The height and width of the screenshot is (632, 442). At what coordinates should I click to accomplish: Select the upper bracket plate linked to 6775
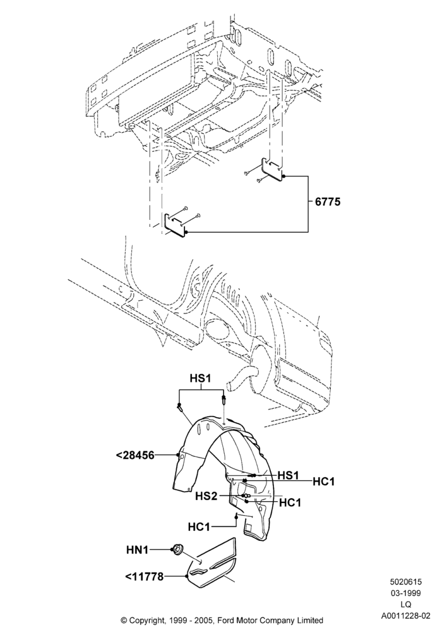click(x=273, y=169)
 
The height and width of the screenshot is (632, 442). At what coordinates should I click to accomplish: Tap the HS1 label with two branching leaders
click(x=200, y=378)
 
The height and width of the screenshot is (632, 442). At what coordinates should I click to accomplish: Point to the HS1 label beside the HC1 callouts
click(x=288, y=475)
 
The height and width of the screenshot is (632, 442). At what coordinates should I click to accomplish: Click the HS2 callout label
click(x=206, y=495)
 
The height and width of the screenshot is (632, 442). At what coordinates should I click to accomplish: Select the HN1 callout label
click(x=138, y=549)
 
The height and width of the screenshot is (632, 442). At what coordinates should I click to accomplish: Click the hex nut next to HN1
click(x=176, y=549)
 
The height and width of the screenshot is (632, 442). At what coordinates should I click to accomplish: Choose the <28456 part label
click(x=135, y=456)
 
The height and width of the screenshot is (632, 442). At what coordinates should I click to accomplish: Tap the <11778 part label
click(x=145, y=577)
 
